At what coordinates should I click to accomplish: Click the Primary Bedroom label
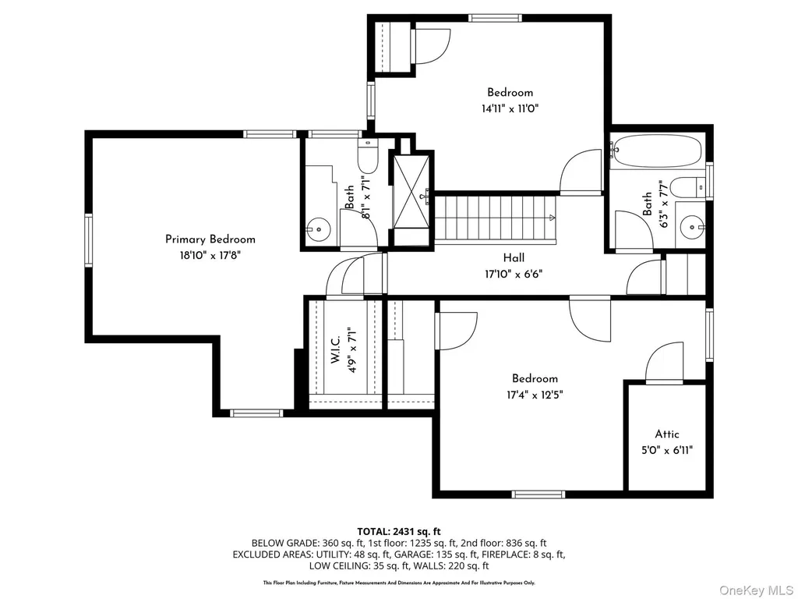coord(210,239)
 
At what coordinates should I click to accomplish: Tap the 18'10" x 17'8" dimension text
coord(210,255)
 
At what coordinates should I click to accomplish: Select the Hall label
coord(514,257)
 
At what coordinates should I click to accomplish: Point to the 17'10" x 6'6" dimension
coord(514,275)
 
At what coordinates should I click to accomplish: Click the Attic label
coord(667,434)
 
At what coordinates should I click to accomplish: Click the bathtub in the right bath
coord(656,151)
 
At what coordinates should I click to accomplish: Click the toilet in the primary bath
coord(367,156)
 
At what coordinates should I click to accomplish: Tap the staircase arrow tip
coord(554,218)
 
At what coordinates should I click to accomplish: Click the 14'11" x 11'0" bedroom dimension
coord(510,108)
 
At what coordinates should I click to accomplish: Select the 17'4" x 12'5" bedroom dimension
coord(535,395)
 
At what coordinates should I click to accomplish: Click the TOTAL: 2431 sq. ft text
coord(399,532)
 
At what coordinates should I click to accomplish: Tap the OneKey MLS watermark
coord(756,590)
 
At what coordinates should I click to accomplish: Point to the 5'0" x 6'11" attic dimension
coord(667,450)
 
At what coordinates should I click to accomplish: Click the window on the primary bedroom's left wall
coord(89,240)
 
